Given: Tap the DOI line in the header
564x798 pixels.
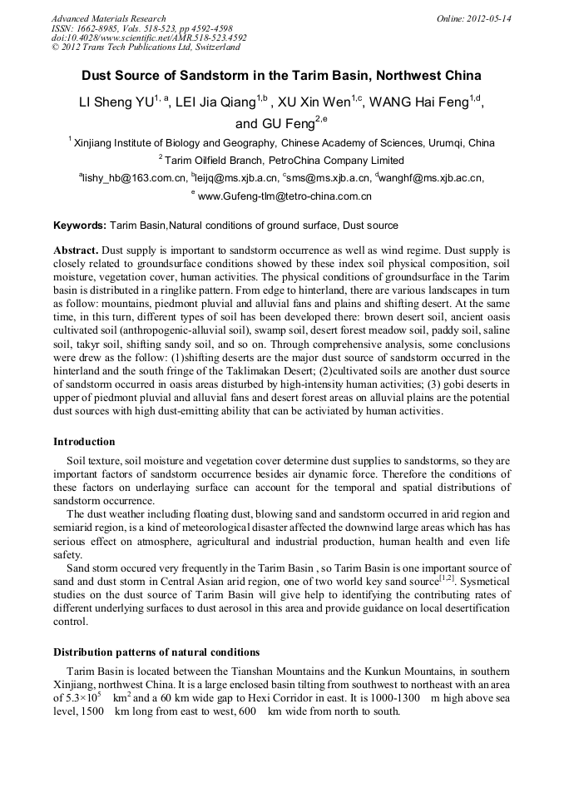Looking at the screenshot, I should coord(149,38).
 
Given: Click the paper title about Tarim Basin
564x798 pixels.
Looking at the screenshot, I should coord(281,76).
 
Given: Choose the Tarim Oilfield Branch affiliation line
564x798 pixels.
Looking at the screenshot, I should coord(281,160).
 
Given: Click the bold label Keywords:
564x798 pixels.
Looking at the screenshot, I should coord(80,226).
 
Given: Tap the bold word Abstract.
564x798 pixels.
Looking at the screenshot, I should coord(77,250).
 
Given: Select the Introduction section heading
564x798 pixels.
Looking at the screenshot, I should coord(84,441).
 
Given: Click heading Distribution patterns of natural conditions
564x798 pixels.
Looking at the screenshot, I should coord(156,652).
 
